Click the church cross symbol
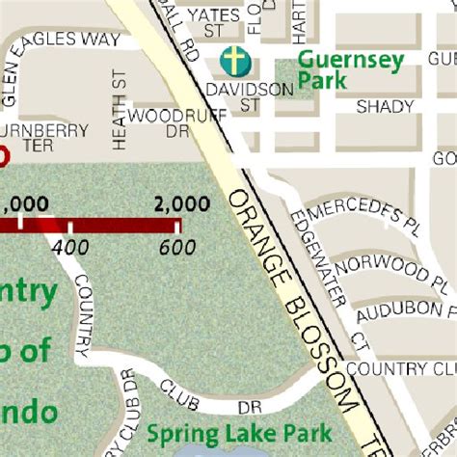point(232,61)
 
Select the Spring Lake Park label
point(239,433)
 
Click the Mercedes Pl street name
point(366,213)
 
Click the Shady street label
point(385,107)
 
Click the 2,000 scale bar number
point(181,203)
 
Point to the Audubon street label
point(395,311)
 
